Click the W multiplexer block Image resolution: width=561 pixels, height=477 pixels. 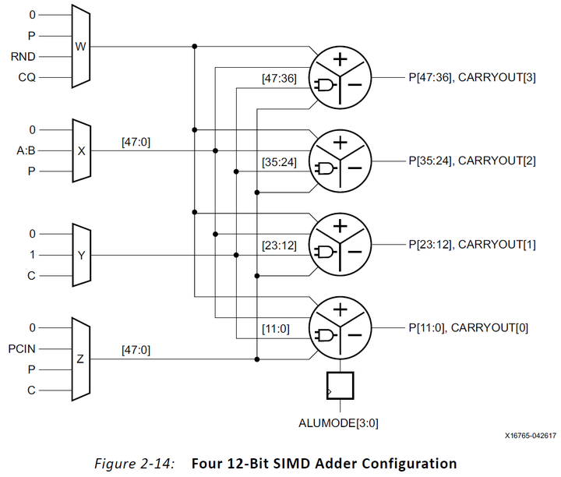[81, 46]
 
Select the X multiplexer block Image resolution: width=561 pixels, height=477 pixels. [81, 150]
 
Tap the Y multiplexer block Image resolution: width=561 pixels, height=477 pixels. [81, 255]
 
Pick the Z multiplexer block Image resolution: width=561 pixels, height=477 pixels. [81, 359]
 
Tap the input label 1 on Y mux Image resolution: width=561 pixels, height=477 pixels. [31, 255]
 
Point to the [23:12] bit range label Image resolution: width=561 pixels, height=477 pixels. [278, 246]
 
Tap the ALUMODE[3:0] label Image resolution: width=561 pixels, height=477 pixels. [340, 423]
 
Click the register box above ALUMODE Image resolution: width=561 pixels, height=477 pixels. [340, 385]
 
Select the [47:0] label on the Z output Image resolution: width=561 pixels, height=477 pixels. [137, 352]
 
